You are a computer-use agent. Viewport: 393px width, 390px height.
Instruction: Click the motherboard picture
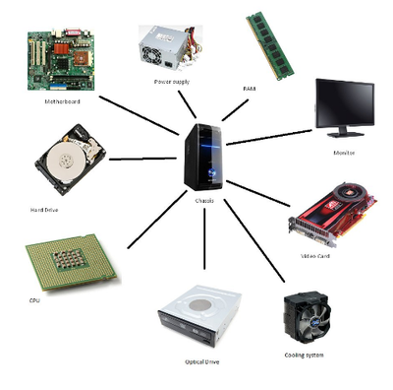60,60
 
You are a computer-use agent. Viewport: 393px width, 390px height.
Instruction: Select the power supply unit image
170,45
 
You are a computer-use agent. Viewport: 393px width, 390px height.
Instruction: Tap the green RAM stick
269,44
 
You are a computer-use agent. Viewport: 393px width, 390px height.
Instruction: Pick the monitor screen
343,107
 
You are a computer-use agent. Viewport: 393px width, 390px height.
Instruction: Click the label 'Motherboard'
62,101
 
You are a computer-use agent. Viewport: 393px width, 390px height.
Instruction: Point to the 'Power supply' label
171,81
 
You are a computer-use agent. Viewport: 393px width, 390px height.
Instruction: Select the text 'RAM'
249,89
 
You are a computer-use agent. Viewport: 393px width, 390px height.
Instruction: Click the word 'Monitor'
344,153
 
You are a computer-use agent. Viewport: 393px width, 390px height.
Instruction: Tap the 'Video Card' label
314,255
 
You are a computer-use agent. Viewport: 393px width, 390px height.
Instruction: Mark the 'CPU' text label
34,300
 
